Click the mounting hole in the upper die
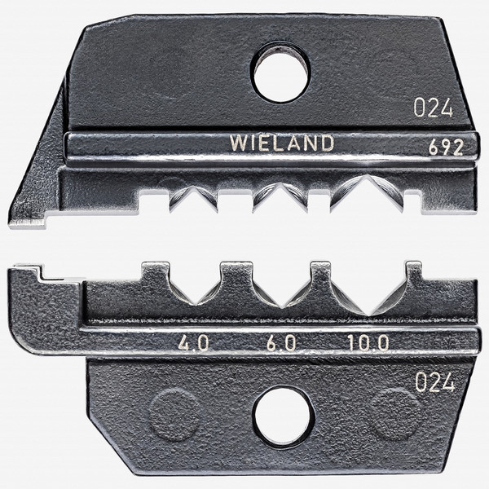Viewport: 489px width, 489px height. tap(280, 71)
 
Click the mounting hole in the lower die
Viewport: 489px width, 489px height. tap(283, 419)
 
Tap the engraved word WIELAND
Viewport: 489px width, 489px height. tap(281, 143)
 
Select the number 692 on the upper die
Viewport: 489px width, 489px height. tap(447, 148)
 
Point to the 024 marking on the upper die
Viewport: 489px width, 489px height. tap(432, 108)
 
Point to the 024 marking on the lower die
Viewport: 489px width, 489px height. tap(434, 382)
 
